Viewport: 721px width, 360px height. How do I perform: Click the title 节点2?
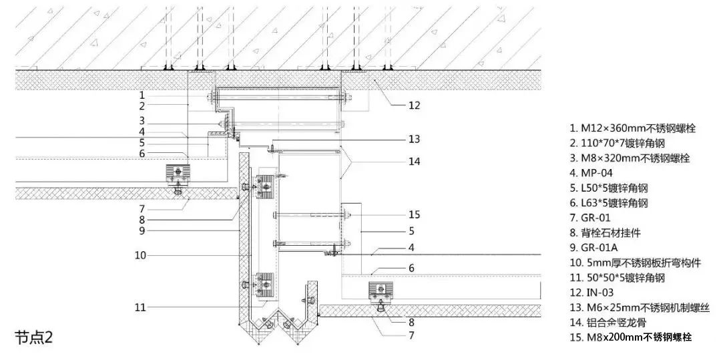tap(35, 337)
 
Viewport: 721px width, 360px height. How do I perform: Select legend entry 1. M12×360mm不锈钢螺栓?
tap(633, 128)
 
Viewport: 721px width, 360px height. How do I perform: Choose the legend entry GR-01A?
tap(594, 247)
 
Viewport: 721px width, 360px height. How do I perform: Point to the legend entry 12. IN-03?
tap(591, 293)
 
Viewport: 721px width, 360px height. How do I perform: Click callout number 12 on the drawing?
tap(415, 106)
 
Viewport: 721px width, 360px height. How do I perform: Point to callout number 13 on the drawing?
tap(415, 139)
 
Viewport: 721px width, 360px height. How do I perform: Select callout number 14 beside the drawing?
tap(415, 162)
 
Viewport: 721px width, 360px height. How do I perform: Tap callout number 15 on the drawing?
tap(415, 214)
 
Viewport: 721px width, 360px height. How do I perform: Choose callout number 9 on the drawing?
tap(142, 231)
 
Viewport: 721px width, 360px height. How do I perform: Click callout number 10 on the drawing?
tap(140, 255)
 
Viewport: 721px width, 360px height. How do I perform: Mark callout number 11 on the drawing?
tap(140, 307)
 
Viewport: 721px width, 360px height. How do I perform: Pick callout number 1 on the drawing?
tap(142, 95)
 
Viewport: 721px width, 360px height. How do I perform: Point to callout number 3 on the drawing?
tap(142, 120)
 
